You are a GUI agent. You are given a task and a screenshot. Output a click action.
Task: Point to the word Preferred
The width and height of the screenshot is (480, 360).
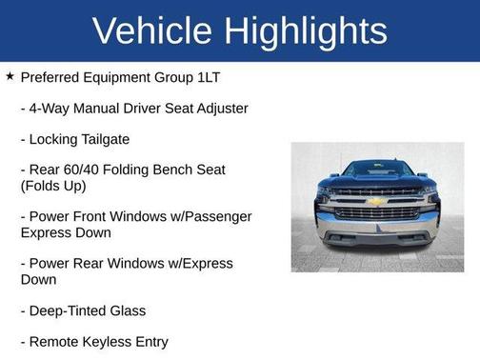click(x=51, y=77)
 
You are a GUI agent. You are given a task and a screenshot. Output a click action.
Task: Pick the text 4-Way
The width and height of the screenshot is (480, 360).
click(x=51, y=109)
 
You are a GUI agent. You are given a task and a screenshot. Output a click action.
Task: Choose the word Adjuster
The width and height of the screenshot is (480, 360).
click(x=216, y=109)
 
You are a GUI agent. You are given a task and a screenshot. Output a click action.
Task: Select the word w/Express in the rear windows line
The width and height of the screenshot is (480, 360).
click(x=195, y=264)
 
